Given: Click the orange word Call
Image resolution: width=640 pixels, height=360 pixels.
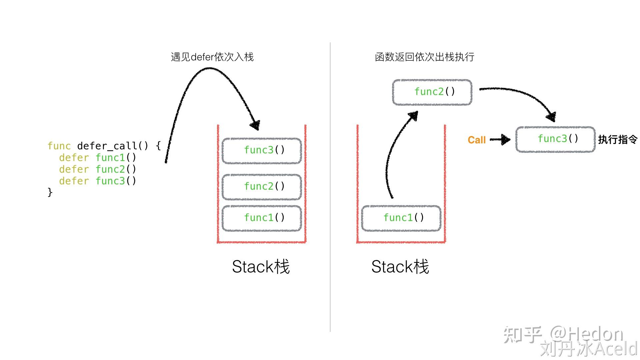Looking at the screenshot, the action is point(477,140).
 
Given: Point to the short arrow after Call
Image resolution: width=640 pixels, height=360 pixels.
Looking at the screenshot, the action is point(500,139).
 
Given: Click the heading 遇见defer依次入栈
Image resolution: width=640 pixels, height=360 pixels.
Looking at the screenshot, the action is point(212,57).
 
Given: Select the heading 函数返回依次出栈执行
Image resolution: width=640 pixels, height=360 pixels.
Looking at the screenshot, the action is point(425,57).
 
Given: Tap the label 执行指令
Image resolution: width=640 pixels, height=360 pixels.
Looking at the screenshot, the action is point(618,139).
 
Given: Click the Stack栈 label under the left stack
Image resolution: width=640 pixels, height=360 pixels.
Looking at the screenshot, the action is point(261,267).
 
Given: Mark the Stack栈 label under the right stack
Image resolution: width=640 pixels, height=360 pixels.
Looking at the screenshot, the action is point(400,267).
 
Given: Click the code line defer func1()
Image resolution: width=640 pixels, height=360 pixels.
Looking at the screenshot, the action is point(98,158).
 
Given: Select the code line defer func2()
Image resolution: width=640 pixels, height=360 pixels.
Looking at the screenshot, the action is point(98,169).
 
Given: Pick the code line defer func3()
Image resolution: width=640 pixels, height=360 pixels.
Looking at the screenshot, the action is point(98,181).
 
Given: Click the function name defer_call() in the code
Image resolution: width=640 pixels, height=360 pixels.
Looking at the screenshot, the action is point(113,146).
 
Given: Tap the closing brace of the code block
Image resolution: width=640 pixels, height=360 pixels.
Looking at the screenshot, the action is point(50,192).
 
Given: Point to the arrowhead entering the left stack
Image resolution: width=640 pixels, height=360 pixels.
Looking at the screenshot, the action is point(255,125).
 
